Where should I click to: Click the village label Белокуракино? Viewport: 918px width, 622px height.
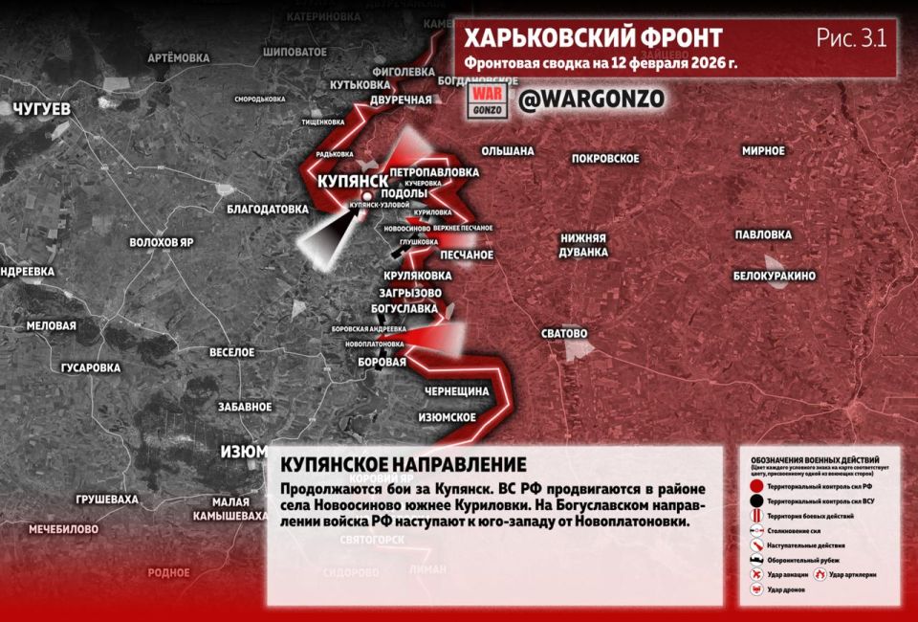(774, 276)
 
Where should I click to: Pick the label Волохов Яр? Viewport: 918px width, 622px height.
(162, 242)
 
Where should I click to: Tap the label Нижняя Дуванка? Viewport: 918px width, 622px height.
(584, 245)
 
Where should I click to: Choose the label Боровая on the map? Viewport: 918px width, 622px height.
(382, 362)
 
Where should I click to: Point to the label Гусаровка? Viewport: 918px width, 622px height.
(91, 367)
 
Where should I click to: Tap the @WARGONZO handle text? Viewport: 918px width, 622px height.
(591, 100)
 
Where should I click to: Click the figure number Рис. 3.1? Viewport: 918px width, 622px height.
(851, 38)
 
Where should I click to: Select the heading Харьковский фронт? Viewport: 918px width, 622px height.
(593, 38)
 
